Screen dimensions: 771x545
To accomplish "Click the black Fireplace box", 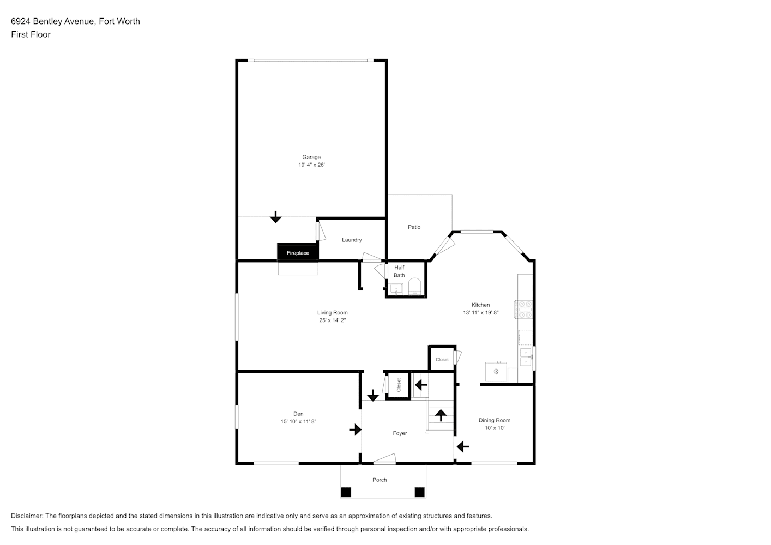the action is [298, 252].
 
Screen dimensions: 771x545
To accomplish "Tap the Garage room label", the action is [311, 158].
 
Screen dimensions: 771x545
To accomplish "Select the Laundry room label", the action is [352, 240].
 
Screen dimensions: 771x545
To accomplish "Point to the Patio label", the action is [414, 227].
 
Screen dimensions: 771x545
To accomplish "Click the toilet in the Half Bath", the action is [415, 287].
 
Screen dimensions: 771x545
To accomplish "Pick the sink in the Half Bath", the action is [396, 289].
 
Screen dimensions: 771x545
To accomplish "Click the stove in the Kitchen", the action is [523, 310].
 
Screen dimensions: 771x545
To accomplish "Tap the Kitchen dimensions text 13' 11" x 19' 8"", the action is [481, 312].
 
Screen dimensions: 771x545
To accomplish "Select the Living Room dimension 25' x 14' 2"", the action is [333, 320].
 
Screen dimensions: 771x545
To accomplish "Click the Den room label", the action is [298, 414].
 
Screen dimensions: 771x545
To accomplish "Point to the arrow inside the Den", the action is [355, 429].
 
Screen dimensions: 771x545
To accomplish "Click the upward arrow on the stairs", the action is [441, 415].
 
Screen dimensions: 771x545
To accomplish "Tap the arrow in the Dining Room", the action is [463, 446].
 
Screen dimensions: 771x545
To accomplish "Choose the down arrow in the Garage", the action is [275, 217].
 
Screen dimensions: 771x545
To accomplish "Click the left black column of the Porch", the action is [346, 492].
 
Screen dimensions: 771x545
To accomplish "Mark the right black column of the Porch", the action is [419, 492].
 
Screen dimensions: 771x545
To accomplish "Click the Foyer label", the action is [400, 433].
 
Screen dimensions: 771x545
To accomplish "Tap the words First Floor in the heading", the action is [31, 34].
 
